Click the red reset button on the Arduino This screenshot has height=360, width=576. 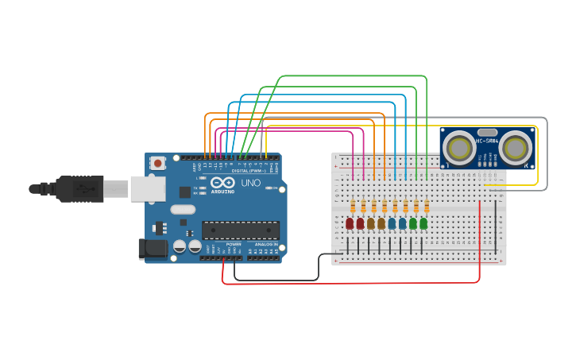(158, 163)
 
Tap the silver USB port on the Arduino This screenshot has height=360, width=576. (148, 188)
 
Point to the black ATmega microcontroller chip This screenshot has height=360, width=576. (240, 230)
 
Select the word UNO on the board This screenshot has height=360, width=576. (250, 183)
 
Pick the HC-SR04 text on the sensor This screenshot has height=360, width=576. (487, 141)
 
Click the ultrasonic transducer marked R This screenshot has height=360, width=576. (516, 147)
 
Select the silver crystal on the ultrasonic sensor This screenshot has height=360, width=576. (487, 133)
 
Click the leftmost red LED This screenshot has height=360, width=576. (350, 224)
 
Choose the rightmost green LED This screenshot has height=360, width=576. (423, 224)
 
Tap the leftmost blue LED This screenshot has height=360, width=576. (392, 224)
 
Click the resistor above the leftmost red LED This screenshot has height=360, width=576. (353, 206)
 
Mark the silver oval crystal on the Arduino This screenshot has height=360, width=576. (182, 210)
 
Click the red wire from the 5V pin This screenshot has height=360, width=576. (350, 282)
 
